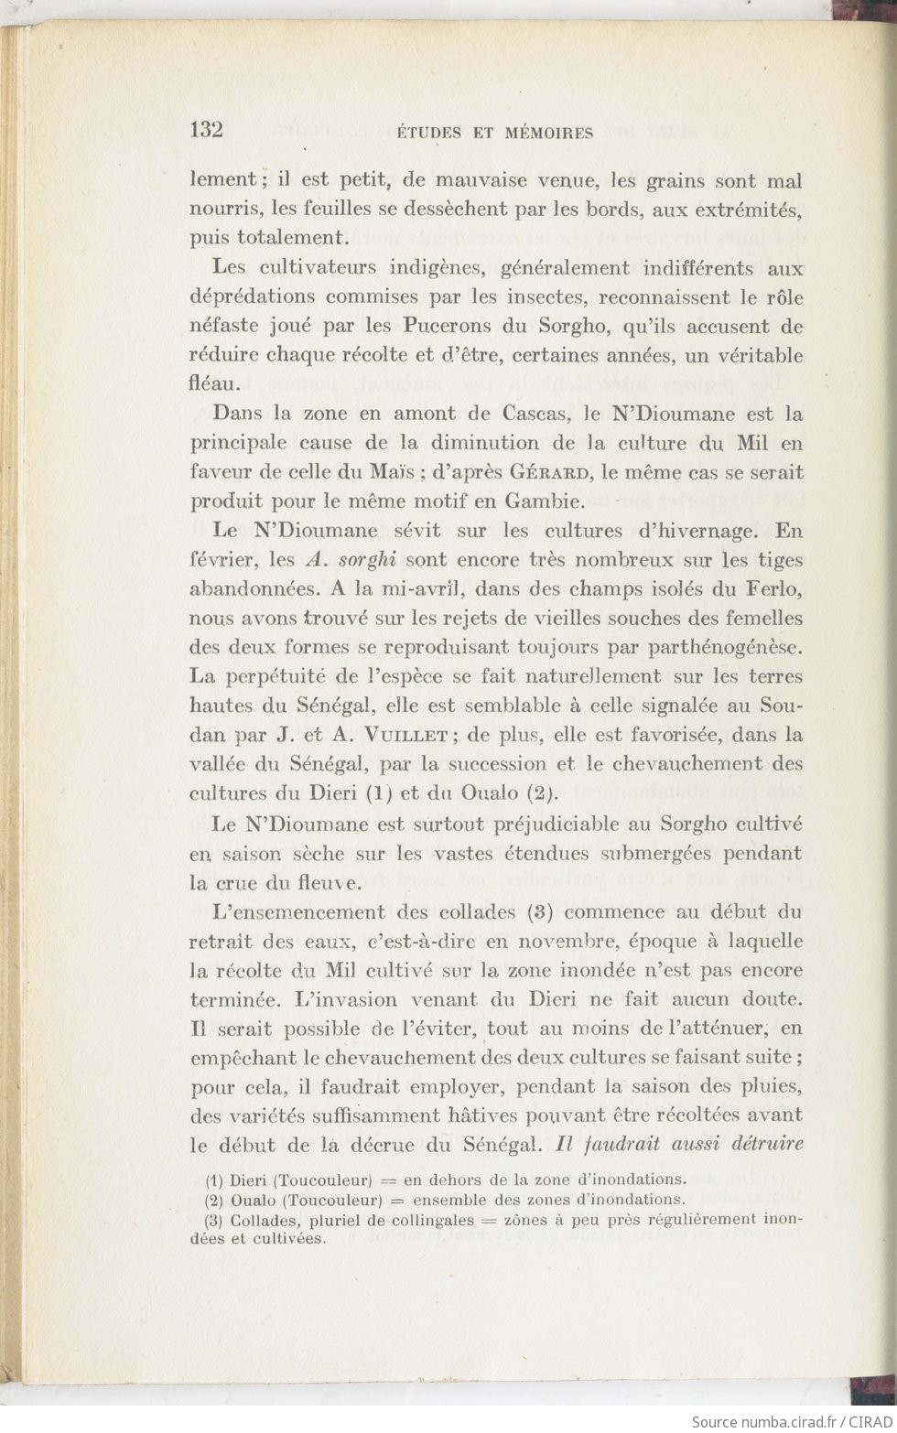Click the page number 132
(x=207, y=129)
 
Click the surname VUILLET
(x=405, y=735)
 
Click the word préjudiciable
(x=558, y=823)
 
